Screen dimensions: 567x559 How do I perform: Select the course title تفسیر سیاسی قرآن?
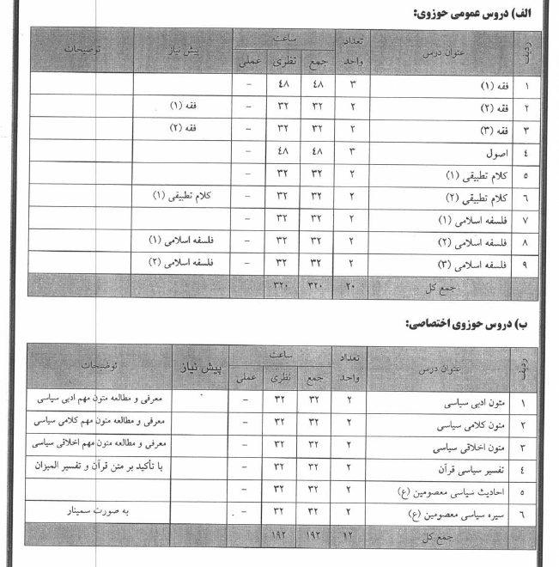[461, 469]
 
